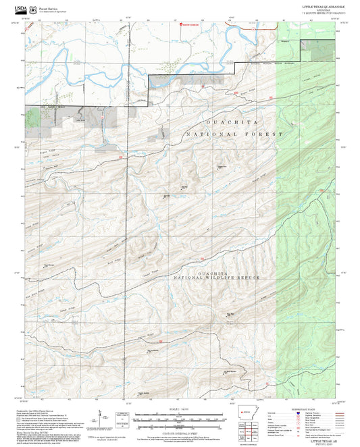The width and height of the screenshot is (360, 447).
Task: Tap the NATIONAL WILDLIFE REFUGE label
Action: [x=215, y=278]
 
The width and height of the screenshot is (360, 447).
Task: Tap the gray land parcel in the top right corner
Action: [x=318, y=45]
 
